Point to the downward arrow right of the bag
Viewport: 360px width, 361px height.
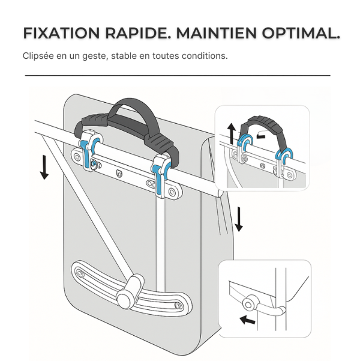pyautogui.click(x=239, y=219)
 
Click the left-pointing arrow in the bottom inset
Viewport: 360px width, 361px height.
pyautogui.click(x=246, y=320)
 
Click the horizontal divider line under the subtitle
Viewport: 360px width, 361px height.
pyautogui.click(x=178, y=76)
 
